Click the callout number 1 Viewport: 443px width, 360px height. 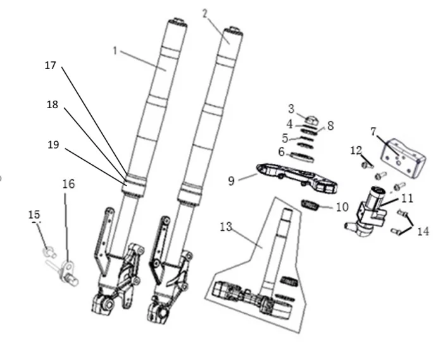[115, 51]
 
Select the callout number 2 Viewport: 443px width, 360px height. [204, 13]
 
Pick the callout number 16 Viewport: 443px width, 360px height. [68, 183]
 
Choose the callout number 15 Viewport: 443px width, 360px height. [34, 216]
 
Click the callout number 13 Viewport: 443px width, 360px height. [226, 227]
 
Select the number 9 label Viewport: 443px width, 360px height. [232, 181]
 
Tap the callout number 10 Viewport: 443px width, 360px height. [342, 207]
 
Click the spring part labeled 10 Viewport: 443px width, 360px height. [310, 205]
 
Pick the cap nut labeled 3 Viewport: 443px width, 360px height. [311, 118]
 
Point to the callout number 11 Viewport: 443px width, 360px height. [408, 198]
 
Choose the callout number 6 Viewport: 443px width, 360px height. [281, 152]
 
